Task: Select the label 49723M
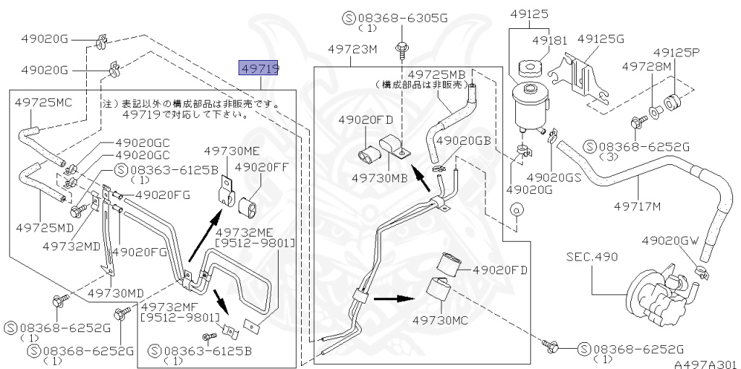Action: tap(352, 51)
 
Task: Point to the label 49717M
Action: tap(638, 207)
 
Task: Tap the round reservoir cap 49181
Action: tap(528, 71)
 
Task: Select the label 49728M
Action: tap(648, 67)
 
